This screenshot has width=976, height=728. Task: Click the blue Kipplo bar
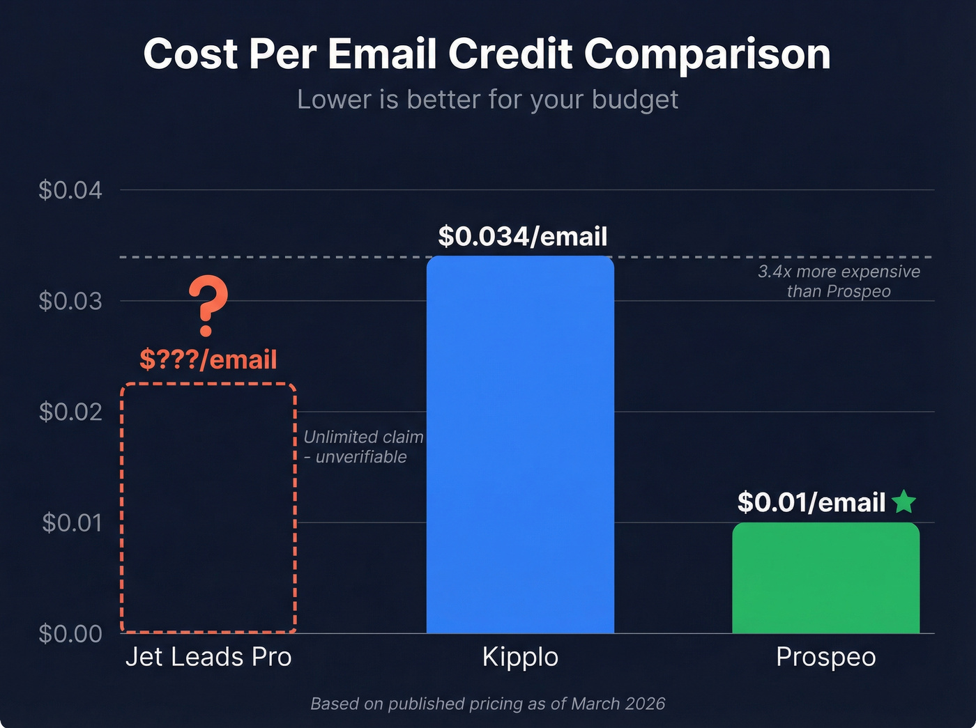click(x=520, y=446)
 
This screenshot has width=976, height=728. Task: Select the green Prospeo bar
click(x=825, y=578)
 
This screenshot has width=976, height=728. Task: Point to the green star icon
click(x=903, y=502)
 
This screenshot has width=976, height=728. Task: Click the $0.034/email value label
click(x=522, y=237)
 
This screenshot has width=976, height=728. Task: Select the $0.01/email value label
click(x=811, y=502)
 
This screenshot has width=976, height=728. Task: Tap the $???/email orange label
click(x=208, y=359)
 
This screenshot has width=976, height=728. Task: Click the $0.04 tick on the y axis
click(x=70, y=190)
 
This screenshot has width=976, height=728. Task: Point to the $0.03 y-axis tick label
click(x=70, y=301)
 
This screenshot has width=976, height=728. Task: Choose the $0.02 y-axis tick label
click(x=70, y=412)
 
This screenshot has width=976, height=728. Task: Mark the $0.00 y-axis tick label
click(x=70, y=633)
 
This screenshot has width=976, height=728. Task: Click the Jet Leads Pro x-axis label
click(x=208, y=657)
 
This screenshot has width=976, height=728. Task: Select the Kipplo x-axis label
click(x=520, y=657)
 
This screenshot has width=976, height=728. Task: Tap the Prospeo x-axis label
click(x=825, y=657)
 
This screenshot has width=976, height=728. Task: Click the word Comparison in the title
click(x=707, y=54)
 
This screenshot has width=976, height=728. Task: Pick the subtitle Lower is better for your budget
click(x=487, y=100)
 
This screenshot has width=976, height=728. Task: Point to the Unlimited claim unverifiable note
click(x=363, y=447)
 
